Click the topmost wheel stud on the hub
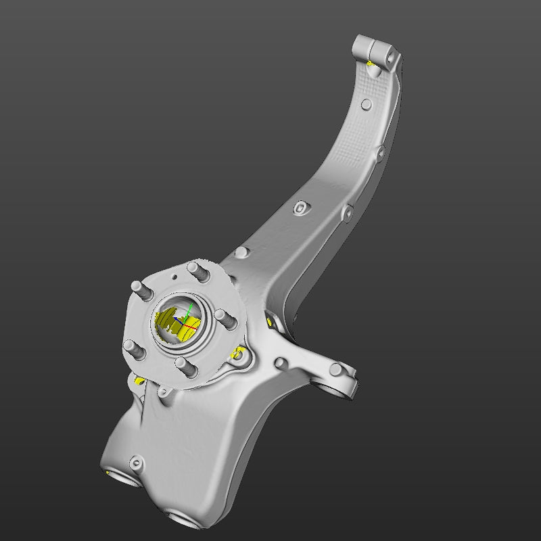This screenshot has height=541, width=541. [197, 270]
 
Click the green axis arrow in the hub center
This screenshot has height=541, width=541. [190, 309]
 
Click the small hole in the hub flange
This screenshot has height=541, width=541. [174, 278]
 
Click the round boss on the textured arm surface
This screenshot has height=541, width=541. [366, 104]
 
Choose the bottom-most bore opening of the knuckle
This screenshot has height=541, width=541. [187, 521]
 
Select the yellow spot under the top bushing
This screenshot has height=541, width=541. [371, 64]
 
